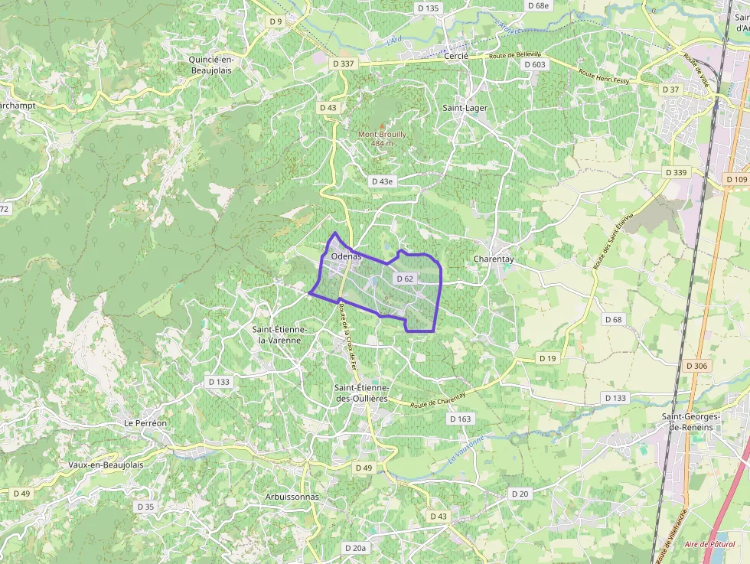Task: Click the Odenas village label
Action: pos(347,256)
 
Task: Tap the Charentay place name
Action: pos(494,259)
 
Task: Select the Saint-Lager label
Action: pos(465,108)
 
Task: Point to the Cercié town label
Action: pos(456,56)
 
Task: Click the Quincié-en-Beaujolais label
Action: pos(210,64)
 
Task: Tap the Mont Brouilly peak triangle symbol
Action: pos(383,125)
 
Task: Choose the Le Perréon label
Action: pos(145,422)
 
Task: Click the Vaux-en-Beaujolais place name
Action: pos(106,465)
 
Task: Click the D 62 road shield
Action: pos(405,279)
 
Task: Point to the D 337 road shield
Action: pos(344,64)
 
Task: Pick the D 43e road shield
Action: pos(382,181)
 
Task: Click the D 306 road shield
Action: pos(697,366)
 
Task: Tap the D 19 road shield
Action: pos(547,358)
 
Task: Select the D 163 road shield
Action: pos(461,419)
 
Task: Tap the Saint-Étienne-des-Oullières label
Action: pos(361,393)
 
